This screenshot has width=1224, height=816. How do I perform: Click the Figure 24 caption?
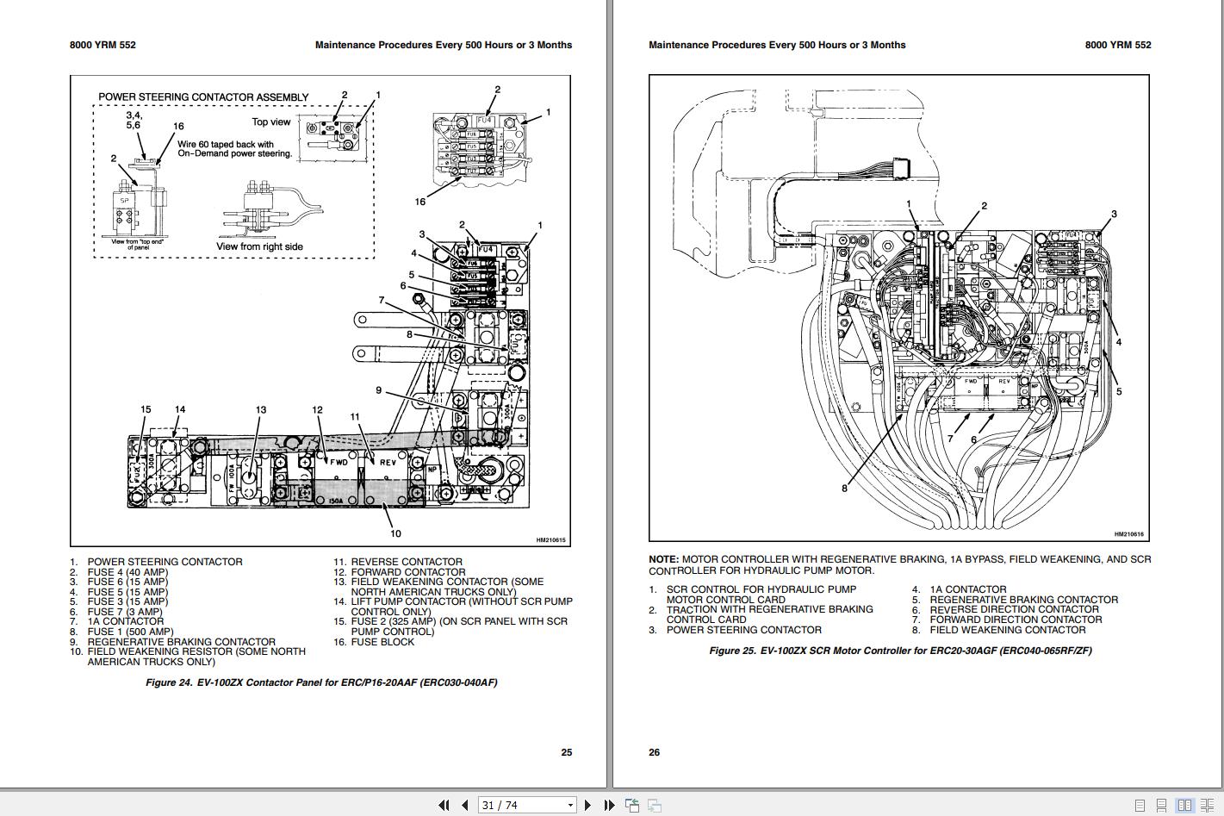point(321,682)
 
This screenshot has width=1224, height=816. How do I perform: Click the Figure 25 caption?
point(900,651)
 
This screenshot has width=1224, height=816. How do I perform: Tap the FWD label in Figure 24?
point(339,462)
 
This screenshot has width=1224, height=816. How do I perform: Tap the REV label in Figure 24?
point(388,462)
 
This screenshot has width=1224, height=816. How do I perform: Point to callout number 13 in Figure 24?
point(260,410)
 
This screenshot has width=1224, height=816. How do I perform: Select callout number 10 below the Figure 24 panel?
point(395,533)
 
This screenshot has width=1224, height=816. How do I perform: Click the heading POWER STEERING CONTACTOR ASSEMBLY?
point(203,97)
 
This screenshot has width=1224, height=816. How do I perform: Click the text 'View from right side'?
point(259,246)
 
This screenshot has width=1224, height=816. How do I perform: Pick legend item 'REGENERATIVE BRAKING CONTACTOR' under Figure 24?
point(181,642)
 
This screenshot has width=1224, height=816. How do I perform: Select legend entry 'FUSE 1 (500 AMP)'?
point(130,632)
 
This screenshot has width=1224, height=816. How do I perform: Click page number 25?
point(566,752)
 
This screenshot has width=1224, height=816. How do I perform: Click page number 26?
point(655,752)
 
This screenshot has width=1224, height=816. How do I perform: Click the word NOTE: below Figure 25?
point(663,559)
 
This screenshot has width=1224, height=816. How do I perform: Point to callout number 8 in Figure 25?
point(844,489)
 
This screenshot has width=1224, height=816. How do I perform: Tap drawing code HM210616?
point(1128,534)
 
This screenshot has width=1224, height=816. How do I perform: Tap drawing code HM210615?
point(550,540)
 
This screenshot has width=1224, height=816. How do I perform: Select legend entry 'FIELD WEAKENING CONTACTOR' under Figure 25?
point(1008,630)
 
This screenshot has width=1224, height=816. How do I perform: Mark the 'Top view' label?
point(271,122)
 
